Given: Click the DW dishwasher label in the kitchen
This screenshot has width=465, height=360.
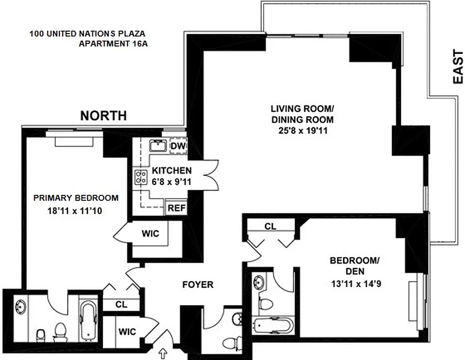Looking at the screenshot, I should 178,147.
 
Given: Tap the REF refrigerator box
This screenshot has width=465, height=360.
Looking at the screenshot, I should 176,208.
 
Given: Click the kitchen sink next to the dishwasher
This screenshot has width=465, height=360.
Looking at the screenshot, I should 158,146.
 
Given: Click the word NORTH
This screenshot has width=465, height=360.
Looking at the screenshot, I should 103,116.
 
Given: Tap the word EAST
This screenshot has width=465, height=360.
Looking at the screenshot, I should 457,67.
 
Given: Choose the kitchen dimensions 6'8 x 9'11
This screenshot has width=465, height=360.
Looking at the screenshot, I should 171,181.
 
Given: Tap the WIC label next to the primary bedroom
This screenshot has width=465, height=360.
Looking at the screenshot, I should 149,234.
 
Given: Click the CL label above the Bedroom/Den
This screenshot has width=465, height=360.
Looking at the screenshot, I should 270,226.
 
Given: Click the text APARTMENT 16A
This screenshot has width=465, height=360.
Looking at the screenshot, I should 114,44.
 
